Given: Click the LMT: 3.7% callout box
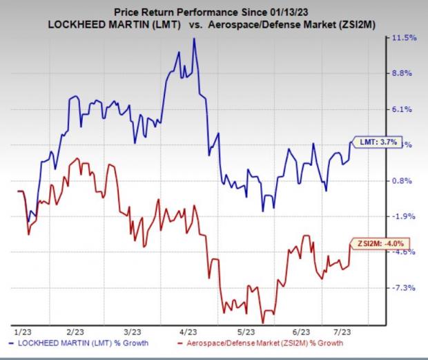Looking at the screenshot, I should click(377, 142).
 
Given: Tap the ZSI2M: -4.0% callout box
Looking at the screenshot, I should click(380, 243).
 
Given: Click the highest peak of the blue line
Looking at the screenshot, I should click(194, 39).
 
